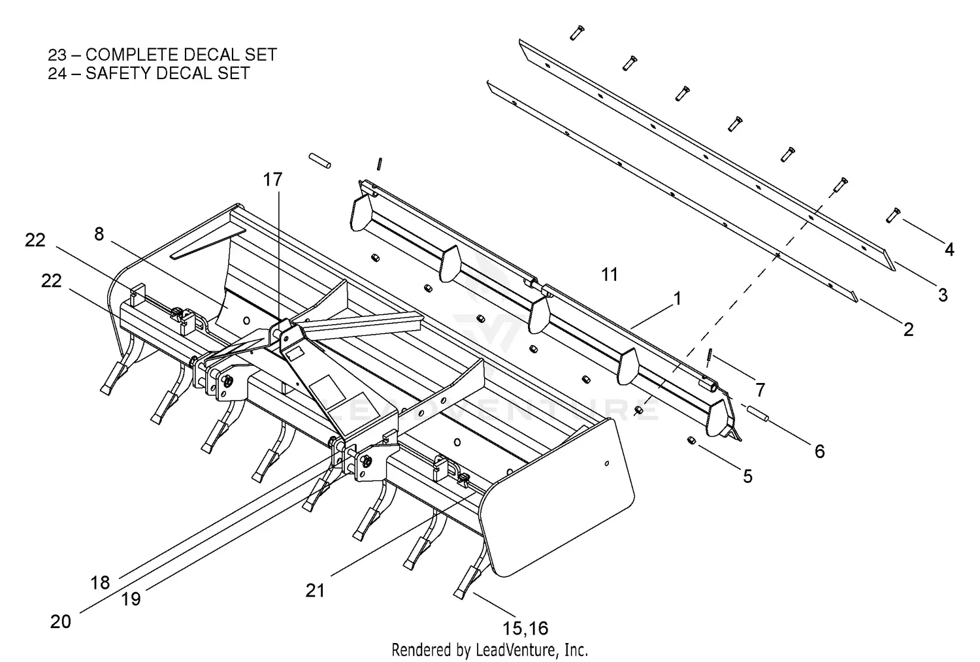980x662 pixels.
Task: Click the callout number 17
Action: (273, 179)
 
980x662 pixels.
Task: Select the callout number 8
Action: (99, 234)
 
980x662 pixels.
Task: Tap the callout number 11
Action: (609, 274)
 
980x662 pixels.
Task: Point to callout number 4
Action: (949, 249)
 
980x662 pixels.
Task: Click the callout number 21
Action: (315, 590)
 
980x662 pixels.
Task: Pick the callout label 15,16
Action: (525, 629)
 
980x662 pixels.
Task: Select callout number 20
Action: (60, 621)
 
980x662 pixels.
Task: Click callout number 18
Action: (100, 582)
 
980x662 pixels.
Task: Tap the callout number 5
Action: (747, 476)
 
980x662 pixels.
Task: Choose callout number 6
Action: (819, 451)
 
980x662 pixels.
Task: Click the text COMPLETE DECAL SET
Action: (181, 55)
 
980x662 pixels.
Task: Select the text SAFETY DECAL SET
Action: (167, 73)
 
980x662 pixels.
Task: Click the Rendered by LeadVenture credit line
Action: (489, 650)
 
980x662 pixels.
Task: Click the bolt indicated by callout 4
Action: (893, 214)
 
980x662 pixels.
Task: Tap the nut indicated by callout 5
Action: (692, 442)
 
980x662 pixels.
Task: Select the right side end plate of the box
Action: (562, 497)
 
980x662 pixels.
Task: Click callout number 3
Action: (942, 295)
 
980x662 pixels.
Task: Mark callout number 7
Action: (760, 390)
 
